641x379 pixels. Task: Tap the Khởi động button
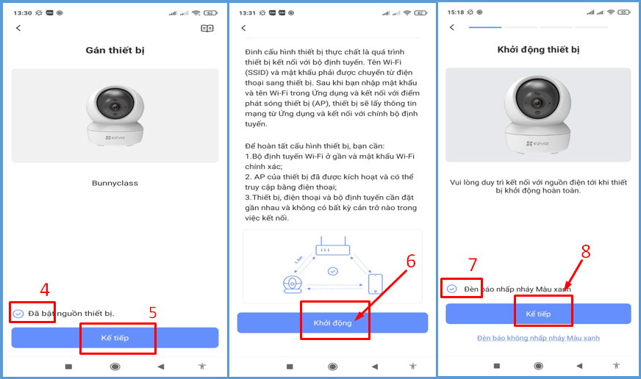(332, 322)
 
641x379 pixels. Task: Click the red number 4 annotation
(45, 289)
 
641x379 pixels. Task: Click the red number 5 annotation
(153, 313)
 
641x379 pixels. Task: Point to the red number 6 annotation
(411, 261)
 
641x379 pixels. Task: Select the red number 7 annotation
(473, 264)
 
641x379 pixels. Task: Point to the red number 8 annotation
(586, 252)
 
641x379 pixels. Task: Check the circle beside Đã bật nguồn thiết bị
(18, 314)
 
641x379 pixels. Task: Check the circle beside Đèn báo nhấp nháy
(452, 289)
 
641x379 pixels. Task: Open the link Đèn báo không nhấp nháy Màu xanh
(538, 338)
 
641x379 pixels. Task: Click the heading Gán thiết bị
(115, 50)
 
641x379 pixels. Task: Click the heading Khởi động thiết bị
(538, 50)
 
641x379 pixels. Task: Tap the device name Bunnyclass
(115, 183)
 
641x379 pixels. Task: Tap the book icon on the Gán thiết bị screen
(207, 28)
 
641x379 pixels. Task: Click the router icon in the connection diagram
(333, 246)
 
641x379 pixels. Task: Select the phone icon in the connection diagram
(376, 284)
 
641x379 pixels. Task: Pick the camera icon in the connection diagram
(293, 284)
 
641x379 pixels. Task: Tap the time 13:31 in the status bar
(247, 13)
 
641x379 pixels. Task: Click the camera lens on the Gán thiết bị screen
(115, 104)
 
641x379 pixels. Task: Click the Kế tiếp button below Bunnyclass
(115, 338)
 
